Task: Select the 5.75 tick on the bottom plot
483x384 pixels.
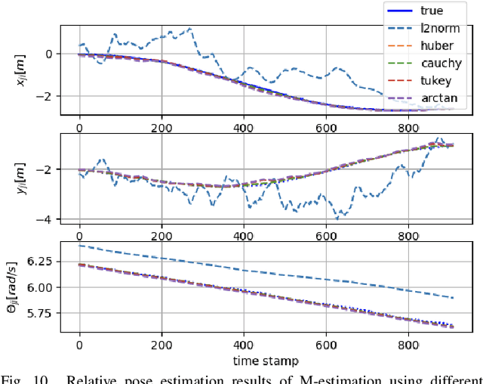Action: point(46,314)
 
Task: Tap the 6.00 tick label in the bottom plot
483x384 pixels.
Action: point(46,287)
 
